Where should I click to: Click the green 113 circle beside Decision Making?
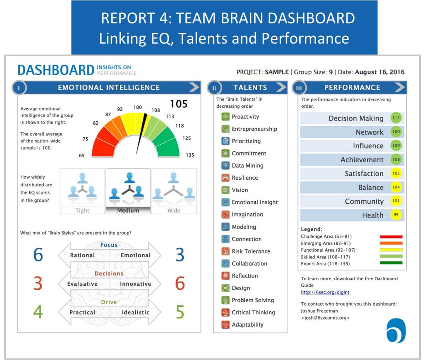[x=396, y=118]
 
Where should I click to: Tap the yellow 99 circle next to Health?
[x=396, y=215]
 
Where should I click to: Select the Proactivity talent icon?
[x=226, y=117]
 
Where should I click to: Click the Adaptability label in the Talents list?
[x=248, y=325]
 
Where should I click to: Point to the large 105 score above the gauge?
[x=178, y=104]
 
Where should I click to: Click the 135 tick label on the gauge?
[x=190, y=155]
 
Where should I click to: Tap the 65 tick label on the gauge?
[x=82, y=155]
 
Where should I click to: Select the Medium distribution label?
[x=128, y=210]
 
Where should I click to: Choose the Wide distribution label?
[x=174, y=210]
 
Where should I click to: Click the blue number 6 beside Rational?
[x=38, y=255]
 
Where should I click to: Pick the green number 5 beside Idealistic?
[x=180, y=312]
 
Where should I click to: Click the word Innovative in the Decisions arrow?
[x=135, y=284]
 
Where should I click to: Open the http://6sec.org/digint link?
[x=325, y=292]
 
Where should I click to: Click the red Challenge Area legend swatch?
[x=391, y=236]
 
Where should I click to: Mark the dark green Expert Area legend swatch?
[x=391, y=263]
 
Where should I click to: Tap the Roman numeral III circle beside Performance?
[x=299, y=88]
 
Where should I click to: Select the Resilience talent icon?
[x=226, y=178]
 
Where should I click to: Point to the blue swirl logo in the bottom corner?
[x=396, y=330]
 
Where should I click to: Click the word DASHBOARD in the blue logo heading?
[x=56, y=70]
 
